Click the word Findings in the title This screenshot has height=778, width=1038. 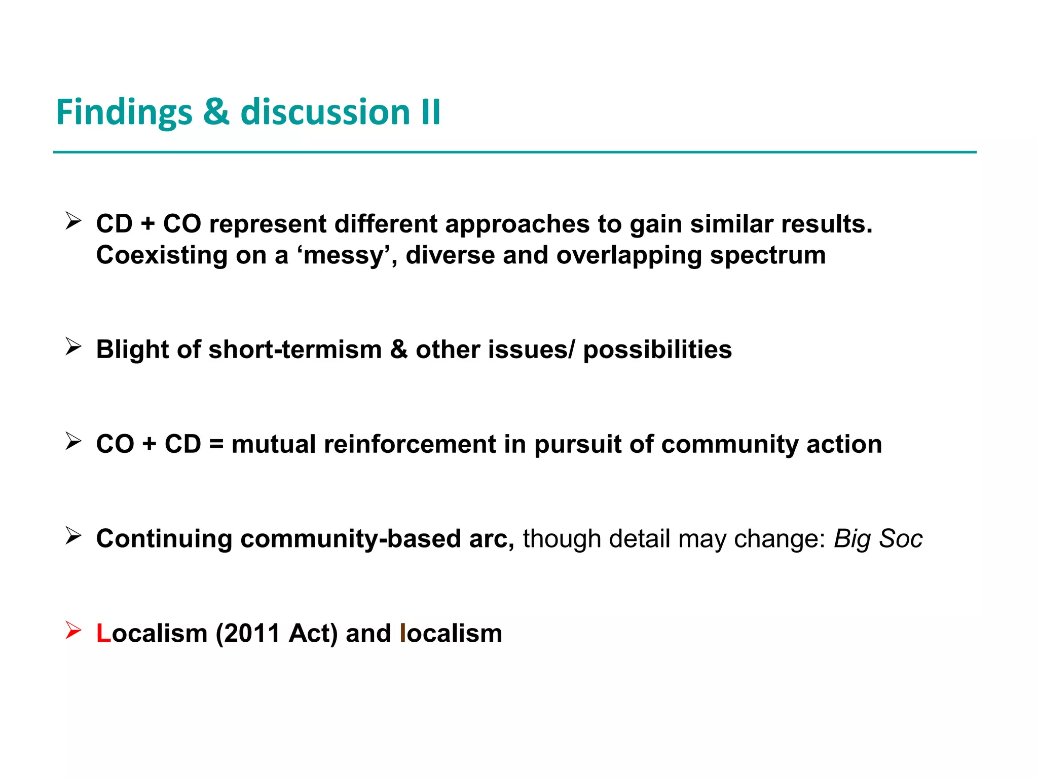click(124, 112)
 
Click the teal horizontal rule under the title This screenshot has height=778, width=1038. click(514, 152)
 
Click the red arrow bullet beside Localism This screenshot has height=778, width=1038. click(73, 631)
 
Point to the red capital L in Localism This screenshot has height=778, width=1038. click(103, 633)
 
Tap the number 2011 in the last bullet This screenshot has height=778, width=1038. click(252, 633)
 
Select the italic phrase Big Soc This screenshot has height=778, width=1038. click(878, 538)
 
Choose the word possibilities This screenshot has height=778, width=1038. click(657, 349)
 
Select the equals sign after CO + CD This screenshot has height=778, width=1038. click(216, 444)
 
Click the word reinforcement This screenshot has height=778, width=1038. click(410, 444)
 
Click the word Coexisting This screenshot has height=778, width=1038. click(162, 255)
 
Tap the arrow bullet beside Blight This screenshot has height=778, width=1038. click(73, 347)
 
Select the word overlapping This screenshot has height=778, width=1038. click(628, 255)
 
